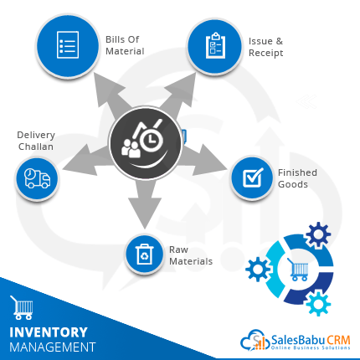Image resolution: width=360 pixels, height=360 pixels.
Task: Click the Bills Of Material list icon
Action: (68, 44)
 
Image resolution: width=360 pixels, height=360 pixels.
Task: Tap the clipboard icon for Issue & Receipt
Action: (215, 46)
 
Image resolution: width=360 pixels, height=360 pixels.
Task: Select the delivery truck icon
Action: (38, 178)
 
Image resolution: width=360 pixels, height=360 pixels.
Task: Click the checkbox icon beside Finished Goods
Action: (253, 177)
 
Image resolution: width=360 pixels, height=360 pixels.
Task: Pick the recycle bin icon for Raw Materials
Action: (144, 255)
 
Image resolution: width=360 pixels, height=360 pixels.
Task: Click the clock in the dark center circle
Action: (151, 139)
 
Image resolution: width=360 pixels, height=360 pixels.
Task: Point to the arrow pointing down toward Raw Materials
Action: (145, 203)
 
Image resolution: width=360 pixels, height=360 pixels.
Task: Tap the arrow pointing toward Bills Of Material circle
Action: (111, 95)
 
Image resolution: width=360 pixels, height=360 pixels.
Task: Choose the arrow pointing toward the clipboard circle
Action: (179, 94)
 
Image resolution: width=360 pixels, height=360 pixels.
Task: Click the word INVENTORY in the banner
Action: (49, 332)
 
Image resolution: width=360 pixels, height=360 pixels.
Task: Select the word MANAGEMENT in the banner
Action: (53, 347)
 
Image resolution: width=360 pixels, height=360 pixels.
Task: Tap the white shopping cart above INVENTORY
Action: (22, 307)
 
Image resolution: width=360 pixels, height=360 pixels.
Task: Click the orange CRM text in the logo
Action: (338, 340)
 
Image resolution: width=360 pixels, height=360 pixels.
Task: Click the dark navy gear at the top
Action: (318, 234)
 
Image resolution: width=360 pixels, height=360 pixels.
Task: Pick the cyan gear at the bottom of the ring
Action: (318, 303)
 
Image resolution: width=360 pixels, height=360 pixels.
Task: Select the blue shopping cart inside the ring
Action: (298, 270)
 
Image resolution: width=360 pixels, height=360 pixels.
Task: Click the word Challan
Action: (36, 147)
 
